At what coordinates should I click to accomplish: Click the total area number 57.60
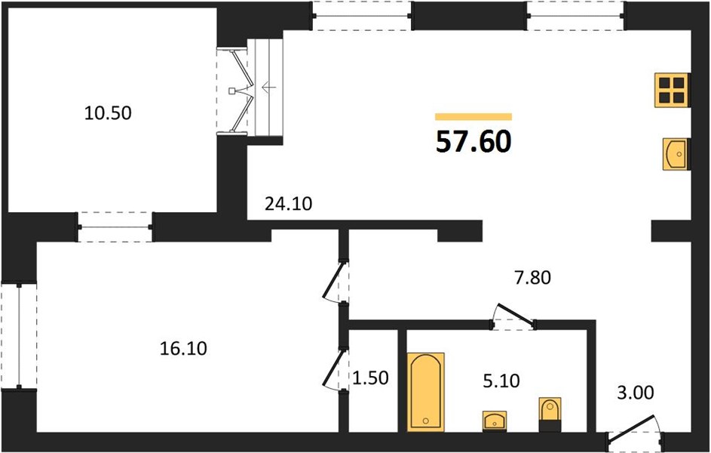point(473,141)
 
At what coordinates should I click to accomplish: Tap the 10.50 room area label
point(108,113)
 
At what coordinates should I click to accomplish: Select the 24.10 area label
point(288,204)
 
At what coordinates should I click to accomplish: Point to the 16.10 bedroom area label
point(184,348)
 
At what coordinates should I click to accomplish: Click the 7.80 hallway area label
point(532,277)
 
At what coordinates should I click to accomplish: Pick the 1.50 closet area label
point(370,377)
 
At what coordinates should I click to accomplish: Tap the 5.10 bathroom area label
point(501,381)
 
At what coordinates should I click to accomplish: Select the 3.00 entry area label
point(636,393)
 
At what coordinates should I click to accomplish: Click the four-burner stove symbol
point(672,91)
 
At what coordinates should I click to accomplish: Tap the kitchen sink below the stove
point(676,154)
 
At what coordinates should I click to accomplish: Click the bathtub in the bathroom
point(426,391)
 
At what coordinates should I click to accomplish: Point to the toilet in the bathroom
point(550,414)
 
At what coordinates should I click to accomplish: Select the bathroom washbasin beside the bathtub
point(495,421)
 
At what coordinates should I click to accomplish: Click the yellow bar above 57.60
point(473,117)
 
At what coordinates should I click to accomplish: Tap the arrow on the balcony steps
point(269,86)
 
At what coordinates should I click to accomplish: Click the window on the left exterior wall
point(19,336)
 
